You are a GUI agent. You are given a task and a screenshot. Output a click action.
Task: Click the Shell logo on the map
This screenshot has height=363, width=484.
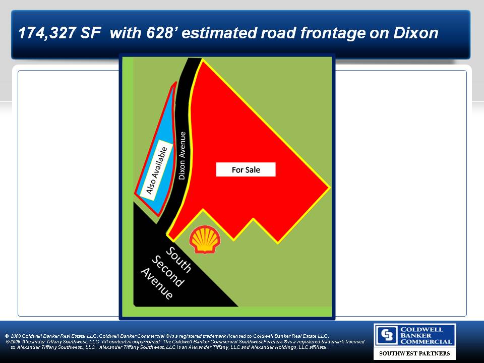click(x=205, y=239)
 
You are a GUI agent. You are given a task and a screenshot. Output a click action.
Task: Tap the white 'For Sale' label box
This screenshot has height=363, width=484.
click(x=246, y=169)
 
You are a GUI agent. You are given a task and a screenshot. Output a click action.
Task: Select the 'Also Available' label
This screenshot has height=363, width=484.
click(x=156, y=170)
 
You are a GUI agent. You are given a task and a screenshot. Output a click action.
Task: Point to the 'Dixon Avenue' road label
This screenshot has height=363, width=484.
click(x=183, y=156)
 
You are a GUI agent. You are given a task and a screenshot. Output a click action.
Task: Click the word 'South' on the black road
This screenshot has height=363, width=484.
click(x=178, y=260)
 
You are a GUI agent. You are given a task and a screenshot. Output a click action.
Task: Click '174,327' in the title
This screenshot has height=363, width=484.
click(x=46, y=33)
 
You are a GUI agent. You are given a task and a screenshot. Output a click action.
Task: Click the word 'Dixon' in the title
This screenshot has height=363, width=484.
click(x=416, y=33)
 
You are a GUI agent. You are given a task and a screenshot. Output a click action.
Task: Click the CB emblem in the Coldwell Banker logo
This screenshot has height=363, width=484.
click(x=387, y=335)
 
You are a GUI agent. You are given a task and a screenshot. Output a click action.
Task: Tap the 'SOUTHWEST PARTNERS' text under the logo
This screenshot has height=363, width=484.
click(x=414, y=353)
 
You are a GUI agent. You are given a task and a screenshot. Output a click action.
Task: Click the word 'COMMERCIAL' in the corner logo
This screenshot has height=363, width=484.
click(x=426, y=341)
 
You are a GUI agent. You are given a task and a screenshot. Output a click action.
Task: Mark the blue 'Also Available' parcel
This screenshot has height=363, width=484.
click(x=156, y=154)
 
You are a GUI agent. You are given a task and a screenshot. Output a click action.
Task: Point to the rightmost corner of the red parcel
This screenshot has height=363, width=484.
click(x=330, y=187)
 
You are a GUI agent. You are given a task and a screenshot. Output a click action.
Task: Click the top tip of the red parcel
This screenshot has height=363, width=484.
click(x=202, y=59)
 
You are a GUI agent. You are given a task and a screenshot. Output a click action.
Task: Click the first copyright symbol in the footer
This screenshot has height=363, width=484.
click(x=7, y=336)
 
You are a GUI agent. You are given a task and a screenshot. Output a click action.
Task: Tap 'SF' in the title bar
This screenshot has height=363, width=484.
click(x=90, y=33)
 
